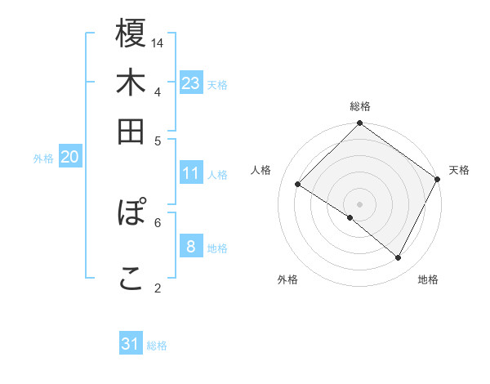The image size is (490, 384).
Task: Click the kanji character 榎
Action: tap(131, 33)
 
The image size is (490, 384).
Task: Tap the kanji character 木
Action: tap(131, 83)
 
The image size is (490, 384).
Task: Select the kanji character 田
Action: tap(131, 132)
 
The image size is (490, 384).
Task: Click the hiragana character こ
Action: tap(131, 278)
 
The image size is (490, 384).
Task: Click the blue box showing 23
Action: tap(191, 83)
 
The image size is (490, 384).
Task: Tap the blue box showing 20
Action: tap(69, 159)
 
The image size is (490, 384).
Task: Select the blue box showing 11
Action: tap(191, 173)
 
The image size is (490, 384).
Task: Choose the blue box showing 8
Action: tap(191, 248)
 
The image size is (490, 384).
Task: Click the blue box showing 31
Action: tap(131, 344)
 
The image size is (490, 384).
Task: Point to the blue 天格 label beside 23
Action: tap(217, 84)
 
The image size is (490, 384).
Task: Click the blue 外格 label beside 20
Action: tap(43, 159)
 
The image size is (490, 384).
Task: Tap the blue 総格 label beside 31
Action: tap(157, 346)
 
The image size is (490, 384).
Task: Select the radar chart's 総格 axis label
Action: tap(360, 106)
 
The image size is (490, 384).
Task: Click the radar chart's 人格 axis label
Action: tap(261, 170)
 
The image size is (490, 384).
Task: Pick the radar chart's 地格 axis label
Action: tap(428, 279)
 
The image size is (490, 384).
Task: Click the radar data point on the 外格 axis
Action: tap(350, 217)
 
